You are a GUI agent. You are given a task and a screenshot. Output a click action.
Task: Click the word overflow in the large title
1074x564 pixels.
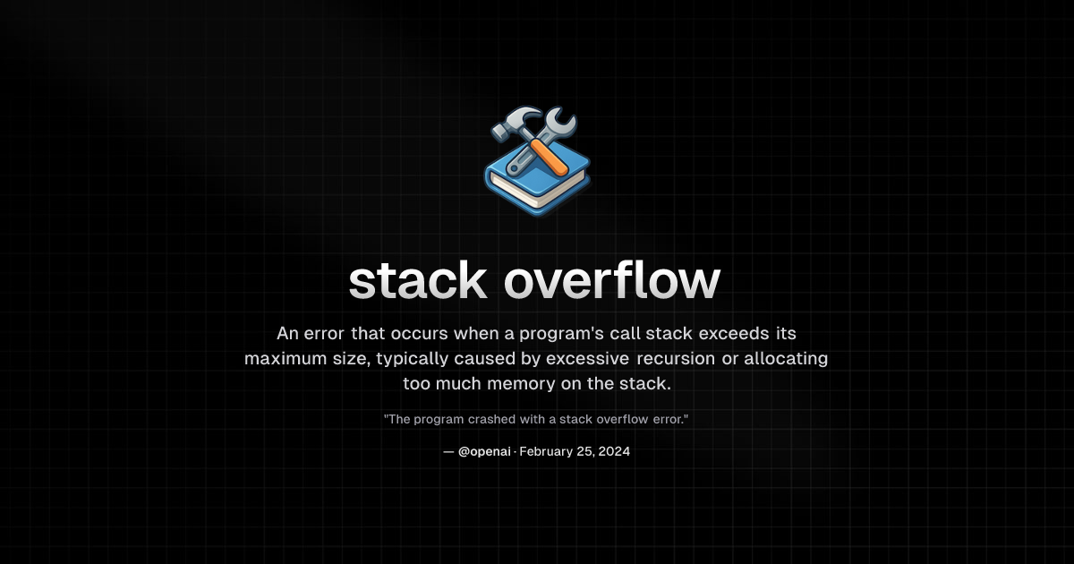[x=612, y=281]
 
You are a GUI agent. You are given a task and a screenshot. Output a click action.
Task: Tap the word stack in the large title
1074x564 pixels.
[x=418, y=281]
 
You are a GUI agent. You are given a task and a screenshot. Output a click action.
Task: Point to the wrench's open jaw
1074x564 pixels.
[x=562, y=118]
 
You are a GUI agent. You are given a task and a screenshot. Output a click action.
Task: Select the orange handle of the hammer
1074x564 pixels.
[x=550, y=157]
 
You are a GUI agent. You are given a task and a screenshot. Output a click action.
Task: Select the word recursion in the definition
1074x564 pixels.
[x=676, y=358]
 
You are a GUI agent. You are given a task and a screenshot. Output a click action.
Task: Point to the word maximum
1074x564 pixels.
[x=286, y=359]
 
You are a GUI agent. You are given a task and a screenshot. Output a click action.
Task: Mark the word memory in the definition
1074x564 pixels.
[x=521, y=384]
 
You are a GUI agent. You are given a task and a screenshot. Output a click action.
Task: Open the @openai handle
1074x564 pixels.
[x=484, y=452]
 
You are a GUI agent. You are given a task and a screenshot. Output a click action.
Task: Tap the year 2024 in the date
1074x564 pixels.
[x=614, y=451]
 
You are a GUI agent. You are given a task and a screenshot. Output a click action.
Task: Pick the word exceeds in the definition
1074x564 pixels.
[x=734, y=333]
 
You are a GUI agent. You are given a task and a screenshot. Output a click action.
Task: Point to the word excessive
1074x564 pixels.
[x=587, y=358]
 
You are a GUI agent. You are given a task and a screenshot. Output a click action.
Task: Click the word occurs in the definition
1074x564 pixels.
[x=419, y=334]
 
